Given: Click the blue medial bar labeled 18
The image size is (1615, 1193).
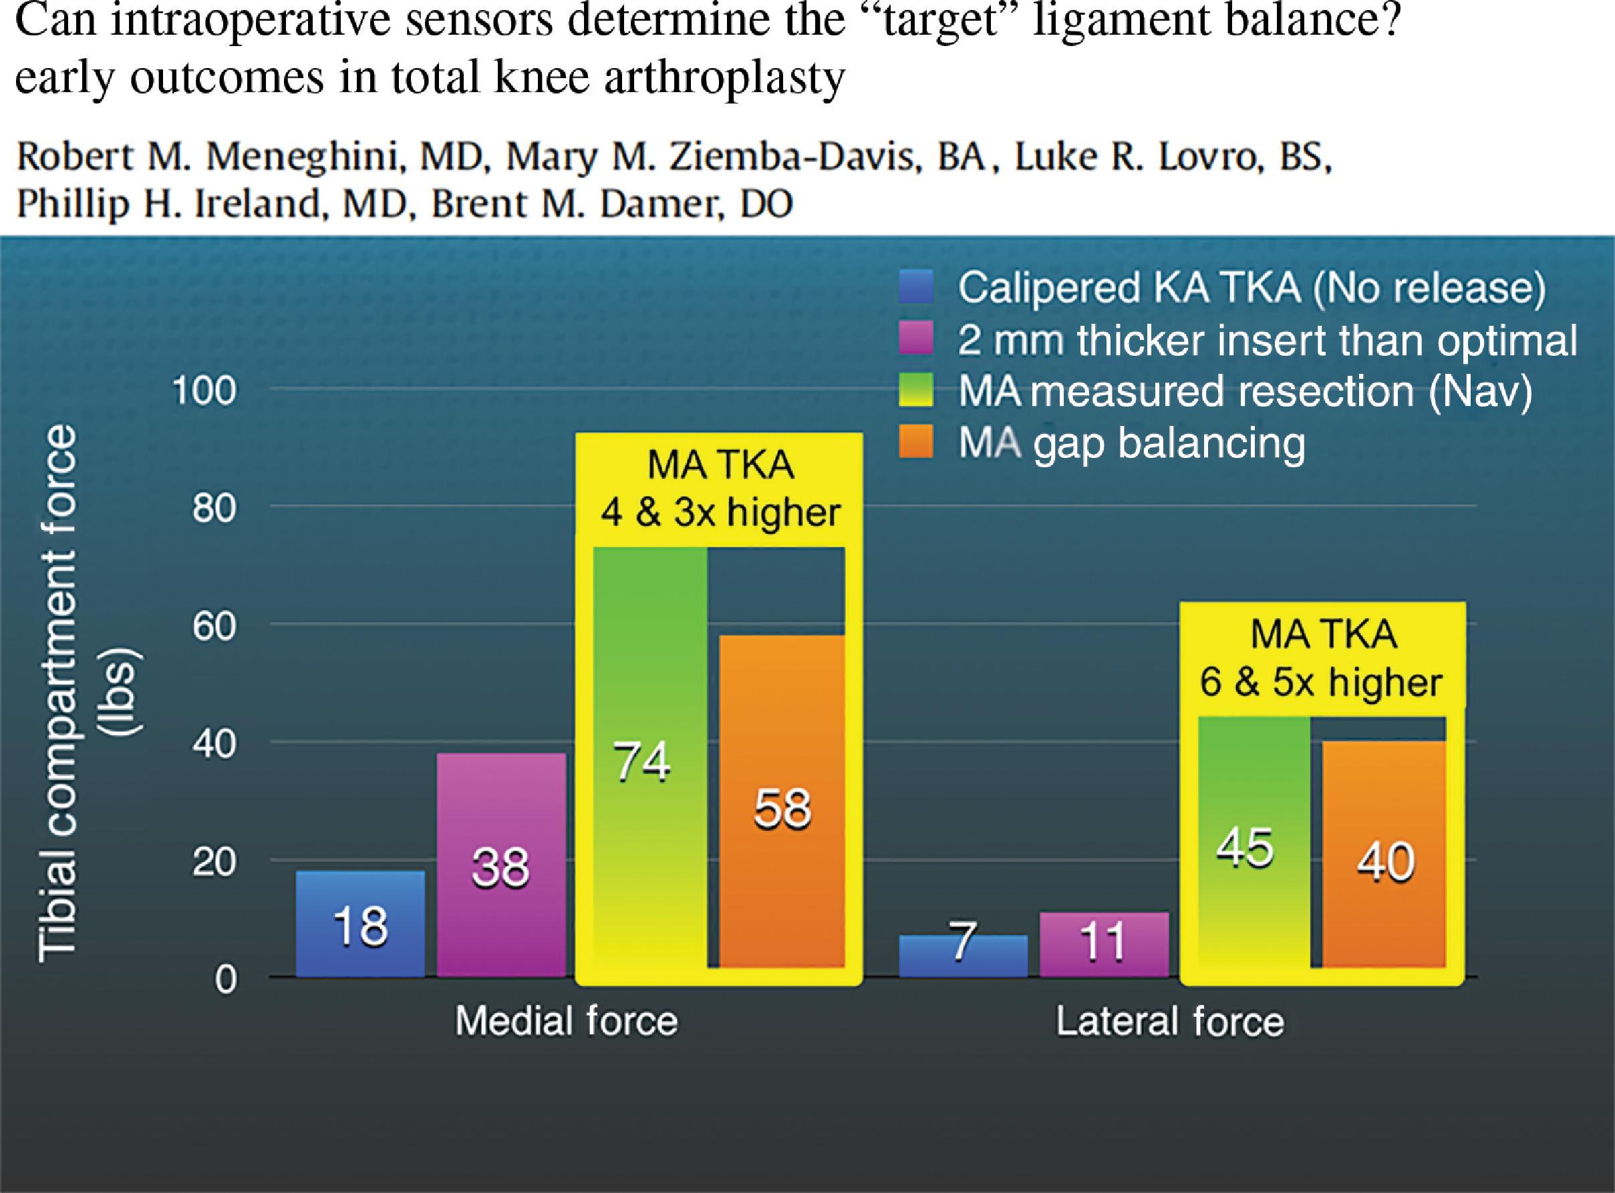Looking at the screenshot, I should tap(360, 924).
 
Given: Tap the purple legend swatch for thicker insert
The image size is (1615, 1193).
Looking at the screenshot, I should tap(916, 338).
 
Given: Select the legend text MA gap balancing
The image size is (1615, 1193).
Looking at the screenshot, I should tap(1133, 443).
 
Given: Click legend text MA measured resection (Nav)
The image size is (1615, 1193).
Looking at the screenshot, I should tap(1244, 391).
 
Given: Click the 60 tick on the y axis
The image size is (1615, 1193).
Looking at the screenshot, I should tap(214, 626).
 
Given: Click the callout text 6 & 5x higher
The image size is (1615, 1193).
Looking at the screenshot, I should tap(1321, 681).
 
